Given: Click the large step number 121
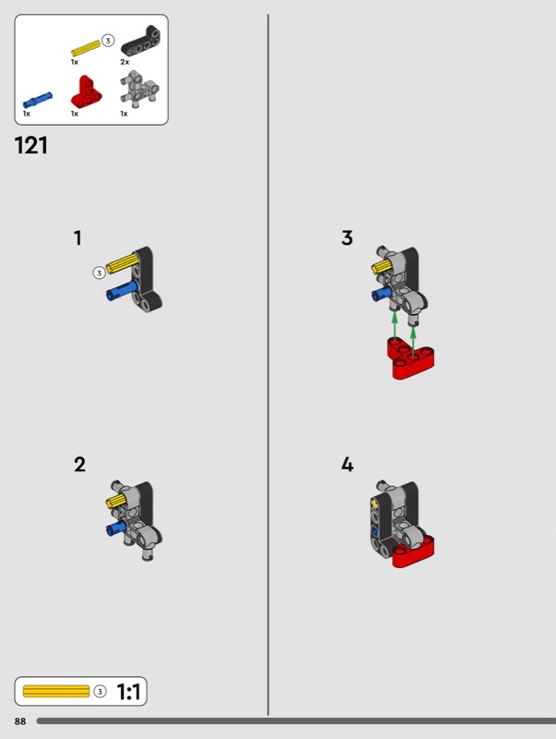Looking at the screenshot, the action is point(31,145).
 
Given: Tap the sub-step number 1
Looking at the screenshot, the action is point(78,238).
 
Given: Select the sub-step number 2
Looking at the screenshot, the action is point(79,465).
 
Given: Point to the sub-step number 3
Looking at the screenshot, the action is point(346,238).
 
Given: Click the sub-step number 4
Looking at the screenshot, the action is point(347,465).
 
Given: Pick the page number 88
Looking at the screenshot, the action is point(20,721).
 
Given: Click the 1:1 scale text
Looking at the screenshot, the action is point(128,692).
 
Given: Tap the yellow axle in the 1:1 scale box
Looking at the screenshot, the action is point(56,691).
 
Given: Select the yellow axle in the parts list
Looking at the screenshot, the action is point(86,48).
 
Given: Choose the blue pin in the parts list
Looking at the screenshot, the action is point(38,100).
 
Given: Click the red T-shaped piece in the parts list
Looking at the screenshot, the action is point(86,91).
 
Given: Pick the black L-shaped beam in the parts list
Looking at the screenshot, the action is point(140,41).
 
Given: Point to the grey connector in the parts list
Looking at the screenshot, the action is point(140,88).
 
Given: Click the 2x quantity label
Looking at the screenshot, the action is point(125,62).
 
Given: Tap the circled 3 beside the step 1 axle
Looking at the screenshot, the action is point(99,273).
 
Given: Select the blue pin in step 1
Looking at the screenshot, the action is point(122,290).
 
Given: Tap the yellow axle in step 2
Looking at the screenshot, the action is point(116,501).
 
